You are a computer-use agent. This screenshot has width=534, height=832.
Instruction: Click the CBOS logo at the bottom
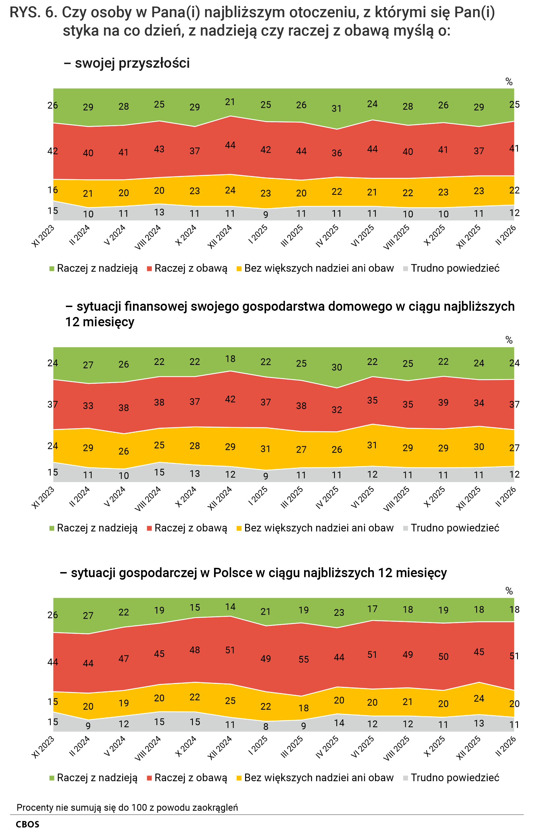point(27,824)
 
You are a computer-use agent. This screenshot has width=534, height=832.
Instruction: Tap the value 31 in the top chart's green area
point(336,108)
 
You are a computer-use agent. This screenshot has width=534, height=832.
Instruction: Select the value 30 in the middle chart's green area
point(336,367)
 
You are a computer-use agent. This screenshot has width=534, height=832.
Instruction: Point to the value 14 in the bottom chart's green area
point(230,607)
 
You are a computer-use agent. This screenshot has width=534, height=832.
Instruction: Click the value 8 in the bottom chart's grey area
point(266,727)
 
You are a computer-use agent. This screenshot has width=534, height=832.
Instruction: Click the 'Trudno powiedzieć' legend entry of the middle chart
point(455,528)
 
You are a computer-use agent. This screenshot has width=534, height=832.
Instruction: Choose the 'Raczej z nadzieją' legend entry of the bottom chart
point(97,778)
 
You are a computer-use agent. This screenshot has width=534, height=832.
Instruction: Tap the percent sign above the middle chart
point(509,340)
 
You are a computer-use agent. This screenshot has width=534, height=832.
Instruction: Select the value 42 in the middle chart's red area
point(230,399)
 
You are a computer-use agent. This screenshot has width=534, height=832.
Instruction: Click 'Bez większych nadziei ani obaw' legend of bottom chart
point(319,778)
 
